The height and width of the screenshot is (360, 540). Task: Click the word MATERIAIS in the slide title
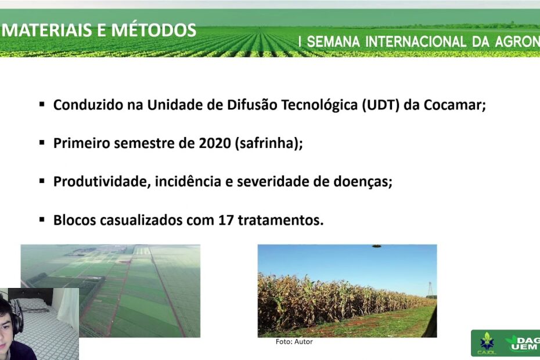tap(48, 30)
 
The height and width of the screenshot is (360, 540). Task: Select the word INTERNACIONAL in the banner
tap(416, 42)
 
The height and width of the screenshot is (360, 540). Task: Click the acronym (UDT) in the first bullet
tap(380, 105)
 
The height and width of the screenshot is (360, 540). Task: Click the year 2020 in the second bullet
tap(215, 143)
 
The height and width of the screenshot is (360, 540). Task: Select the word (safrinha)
tap(269, 143)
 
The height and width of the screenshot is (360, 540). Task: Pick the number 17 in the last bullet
tap(226, 220)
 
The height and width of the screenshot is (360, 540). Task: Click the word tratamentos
tap(280, 220)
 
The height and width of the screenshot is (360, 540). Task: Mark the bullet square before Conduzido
tap(42, 104)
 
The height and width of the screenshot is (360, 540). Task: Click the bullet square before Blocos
tap(42, 219)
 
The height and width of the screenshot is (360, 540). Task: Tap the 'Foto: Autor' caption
tap(294, 342)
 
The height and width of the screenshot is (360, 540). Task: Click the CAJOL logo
tap(487, 344)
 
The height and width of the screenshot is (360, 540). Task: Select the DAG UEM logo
tap(522, 343)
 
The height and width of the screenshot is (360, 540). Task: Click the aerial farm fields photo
tap(110, 291)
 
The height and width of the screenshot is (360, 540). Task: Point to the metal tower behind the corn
tap(430, 289)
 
